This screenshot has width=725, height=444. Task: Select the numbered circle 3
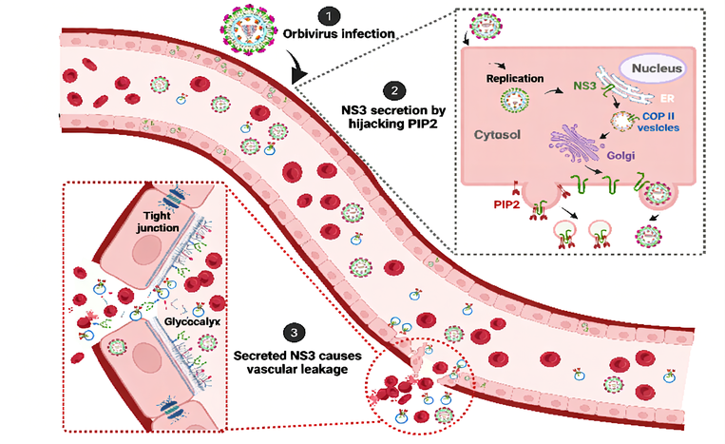click(x=296, y=333)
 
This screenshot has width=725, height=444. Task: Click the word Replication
click(x=512, y=79)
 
